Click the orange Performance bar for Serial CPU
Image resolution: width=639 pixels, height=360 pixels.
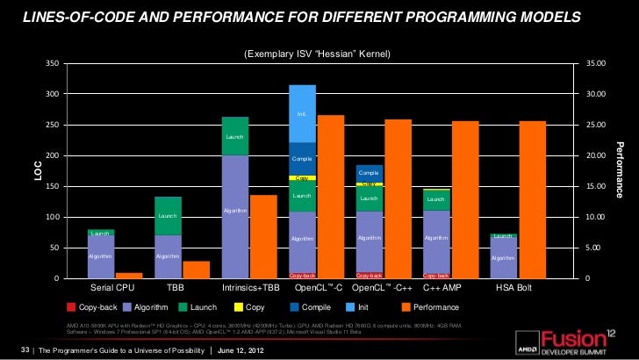pyautogui.click(x=129, y=275)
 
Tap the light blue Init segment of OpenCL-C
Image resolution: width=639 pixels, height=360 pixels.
pyautogui.click(x=303, y=113)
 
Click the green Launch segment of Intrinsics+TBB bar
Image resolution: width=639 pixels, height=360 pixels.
pyautogui.click(x=235, y=136)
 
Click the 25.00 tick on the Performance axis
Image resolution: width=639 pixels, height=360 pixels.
pyautogui.click(x=595, y=125)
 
